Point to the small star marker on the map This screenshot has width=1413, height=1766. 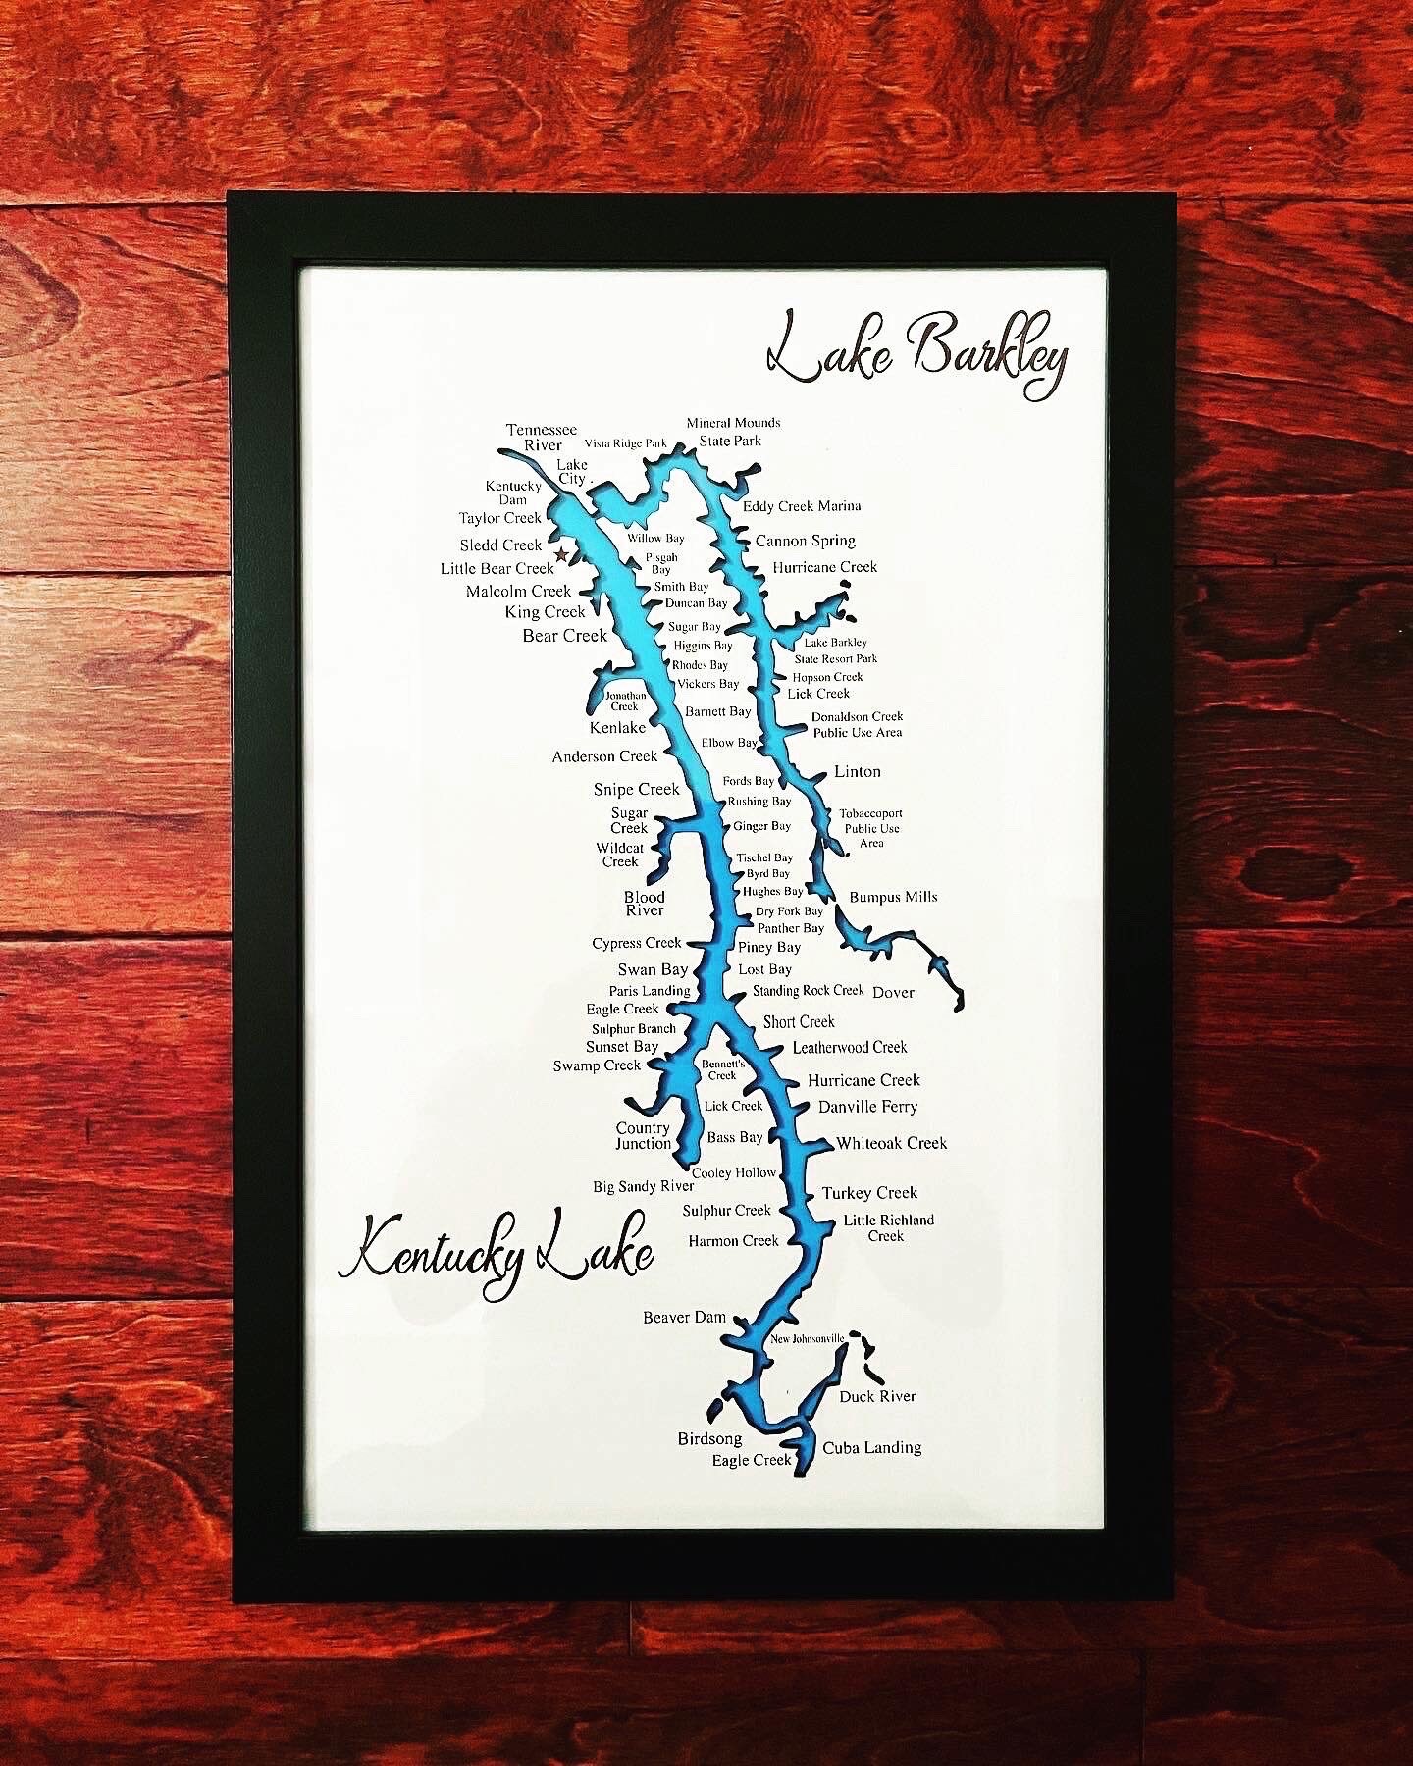(x=561, y=555)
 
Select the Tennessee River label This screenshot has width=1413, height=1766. (x=542, y=438)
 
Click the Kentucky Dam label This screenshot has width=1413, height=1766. (x=513, y=493)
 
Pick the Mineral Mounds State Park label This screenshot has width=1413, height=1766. (x=733, y=432)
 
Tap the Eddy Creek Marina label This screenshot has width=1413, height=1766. (x=802, y=506)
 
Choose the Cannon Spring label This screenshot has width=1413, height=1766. (x=805, y=541)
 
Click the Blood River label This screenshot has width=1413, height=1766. (x=645, y=904)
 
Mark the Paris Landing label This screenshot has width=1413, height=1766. (x=650, y=991)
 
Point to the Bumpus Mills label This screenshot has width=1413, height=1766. (x=893, y=897)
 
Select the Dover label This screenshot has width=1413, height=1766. (x=893, y=992)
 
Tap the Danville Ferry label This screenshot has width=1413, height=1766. (x=867, y=1107)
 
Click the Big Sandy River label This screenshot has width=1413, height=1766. (x=643, y=1187)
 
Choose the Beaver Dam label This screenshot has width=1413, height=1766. (x=684, y=1317)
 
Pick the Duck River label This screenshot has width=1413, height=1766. (x=877, y=1396)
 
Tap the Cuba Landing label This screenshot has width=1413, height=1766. (x=871, y=1447)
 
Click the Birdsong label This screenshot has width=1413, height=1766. (x=709, y=1439)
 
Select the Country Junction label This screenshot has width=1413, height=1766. (x=643, y=1136)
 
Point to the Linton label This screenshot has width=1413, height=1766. (x=857, y=772)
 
